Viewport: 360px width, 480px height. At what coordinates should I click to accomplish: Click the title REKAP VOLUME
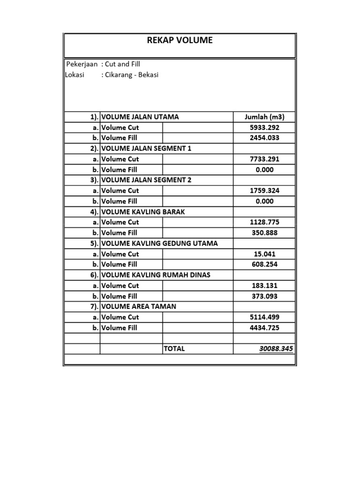click(x=180, y=40)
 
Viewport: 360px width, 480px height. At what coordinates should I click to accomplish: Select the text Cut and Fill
click(x=122, y=64)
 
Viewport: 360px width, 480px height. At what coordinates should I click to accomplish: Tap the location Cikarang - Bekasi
click(x=132, y=75)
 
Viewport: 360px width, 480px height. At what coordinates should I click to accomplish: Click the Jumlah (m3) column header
click(x=264, y=117)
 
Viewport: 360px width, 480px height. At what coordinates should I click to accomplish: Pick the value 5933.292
click(x=264, y=127)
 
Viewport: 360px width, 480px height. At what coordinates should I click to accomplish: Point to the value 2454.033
click(x=264, y=138)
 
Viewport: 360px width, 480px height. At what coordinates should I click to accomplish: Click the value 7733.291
click(x=264, y=159)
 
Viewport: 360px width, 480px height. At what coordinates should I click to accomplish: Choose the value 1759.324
click(x=264, y=191)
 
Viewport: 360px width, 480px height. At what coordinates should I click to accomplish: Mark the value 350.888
click(x=264, y=233)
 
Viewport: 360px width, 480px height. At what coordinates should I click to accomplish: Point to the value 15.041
click(x=264, y=254)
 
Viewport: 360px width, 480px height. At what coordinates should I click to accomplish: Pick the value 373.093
click(x=264, y=296)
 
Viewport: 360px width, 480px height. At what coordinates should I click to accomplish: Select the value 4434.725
click(x=264, y=328)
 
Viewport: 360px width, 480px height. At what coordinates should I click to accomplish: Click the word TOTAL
click(x=174, y=349)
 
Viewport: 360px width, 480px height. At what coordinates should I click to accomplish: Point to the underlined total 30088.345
click(x=276, y=349)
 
